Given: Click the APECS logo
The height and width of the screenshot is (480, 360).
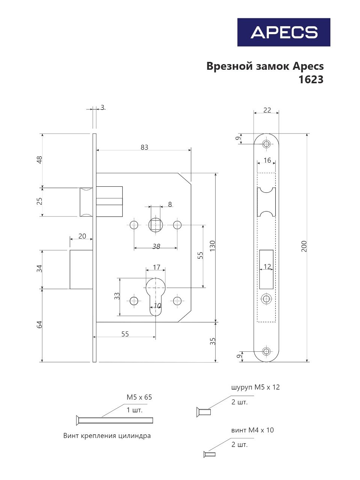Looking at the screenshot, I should point(283,32).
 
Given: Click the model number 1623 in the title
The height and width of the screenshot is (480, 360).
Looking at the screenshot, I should point(310,79).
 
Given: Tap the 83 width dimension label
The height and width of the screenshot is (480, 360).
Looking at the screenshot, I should point(144,147).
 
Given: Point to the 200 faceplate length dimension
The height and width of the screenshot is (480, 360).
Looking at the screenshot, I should point(304,246).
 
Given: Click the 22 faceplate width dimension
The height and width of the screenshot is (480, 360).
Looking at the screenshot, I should point(267,110).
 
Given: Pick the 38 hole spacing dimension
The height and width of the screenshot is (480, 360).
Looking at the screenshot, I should point(156,246).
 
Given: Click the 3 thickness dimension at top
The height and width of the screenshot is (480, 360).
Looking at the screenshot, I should point(102,107).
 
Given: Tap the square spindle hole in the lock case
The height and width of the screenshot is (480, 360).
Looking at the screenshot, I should point(155,225).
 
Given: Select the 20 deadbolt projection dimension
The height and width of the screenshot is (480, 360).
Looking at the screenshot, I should point(82,236).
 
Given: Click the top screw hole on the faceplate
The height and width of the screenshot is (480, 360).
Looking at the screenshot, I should point(266,144).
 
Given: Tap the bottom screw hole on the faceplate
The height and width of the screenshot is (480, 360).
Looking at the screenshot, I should point(266,351).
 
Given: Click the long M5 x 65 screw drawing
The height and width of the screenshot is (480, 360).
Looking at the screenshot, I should point(114,420).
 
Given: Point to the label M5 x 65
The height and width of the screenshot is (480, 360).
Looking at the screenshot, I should point(139,397).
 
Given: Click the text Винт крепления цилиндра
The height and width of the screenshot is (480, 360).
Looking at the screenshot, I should point(107,436).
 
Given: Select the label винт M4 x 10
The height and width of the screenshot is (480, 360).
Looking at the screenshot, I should point(252,430).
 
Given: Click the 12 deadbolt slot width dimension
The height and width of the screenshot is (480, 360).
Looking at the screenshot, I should point(267,267).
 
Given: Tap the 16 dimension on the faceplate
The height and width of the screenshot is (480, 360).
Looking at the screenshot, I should point(267,160).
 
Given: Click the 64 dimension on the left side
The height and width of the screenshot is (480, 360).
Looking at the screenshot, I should point(39,324).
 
